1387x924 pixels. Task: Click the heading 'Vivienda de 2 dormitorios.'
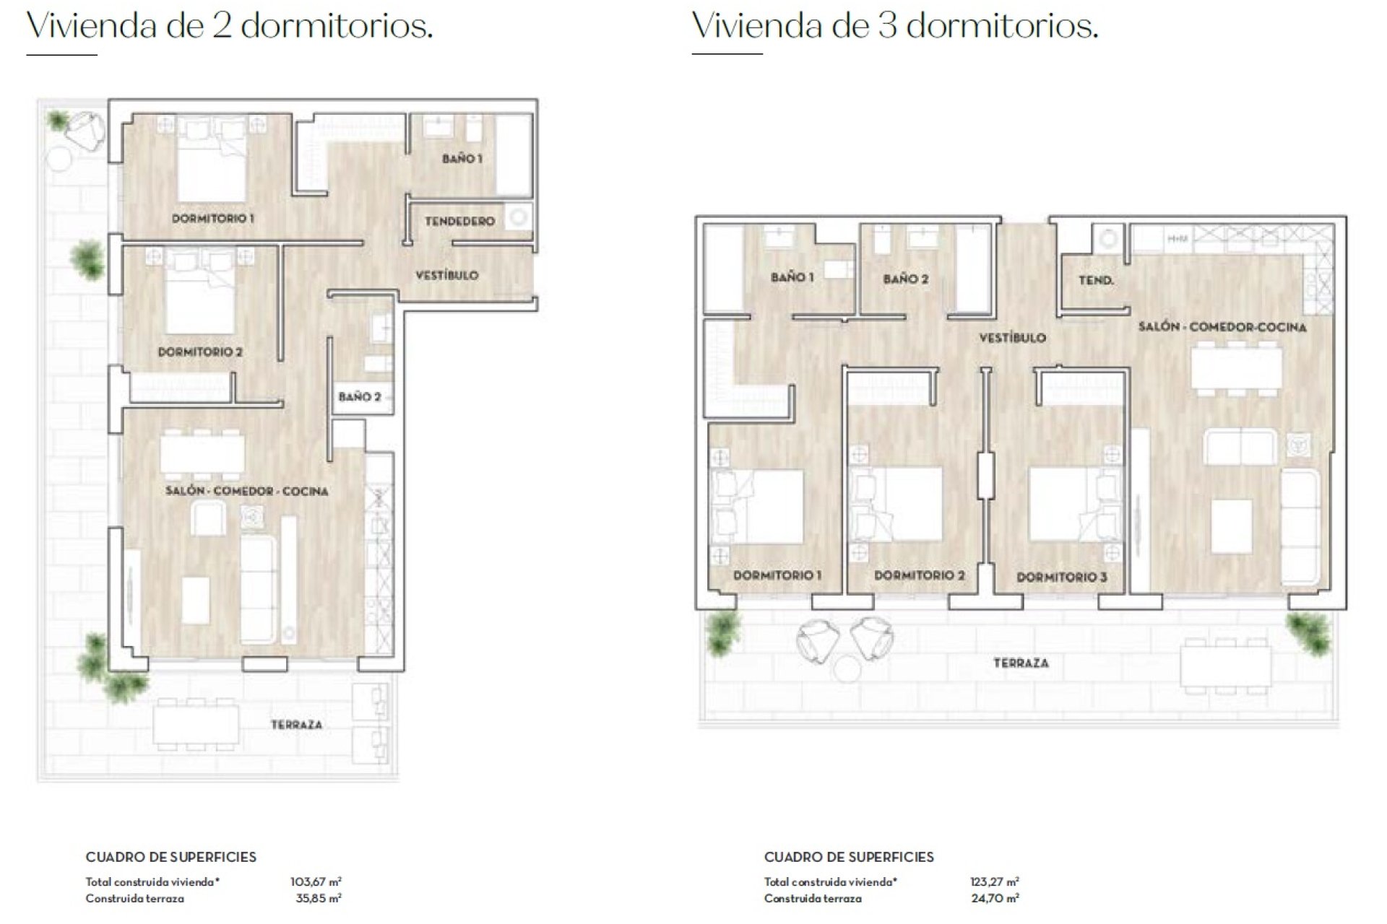click(x=230, y=26)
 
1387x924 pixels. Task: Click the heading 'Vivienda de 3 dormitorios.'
click(x=895, y=26)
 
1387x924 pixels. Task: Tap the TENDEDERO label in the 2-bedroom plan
click(x=459, y=221)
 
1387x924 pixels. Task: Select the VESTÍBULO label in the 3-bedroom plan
click(x=1012, y=337)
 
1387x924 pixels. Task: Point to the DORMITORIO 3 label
click(x=1061, y=577)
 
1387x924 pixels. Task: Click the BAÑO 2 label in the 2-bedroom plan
click(x=360, y=396)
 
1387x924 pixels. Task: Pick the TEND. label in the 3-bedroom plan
click(x=1096, y=280)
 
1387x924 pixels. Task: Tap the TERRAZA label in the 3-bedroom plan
click(x=1021, y=663)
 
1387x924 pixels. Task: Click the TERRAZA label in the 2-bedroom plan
click(x=296, y=724)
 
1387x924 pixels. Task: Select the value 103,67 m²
click(x=316, y=881)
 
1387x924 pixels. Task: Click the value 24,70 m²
click(x=995, y=899)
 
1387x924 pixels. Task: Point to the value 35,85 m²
click(x=319, y=899)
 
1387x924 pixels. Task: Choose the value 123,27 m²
click(x=995, y=881)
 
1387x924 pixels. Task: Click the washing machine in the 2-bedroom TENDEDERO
click(x=518, y=217)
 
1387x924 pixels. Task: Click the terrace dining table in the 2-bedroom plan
click(x=196, y=724)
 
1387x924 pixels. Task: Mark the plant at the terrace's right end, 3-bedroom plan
click(x=1308, y=633)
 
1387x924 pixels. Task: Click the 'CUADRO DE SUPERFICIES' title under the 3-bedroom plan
click(x=849, y=857)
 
